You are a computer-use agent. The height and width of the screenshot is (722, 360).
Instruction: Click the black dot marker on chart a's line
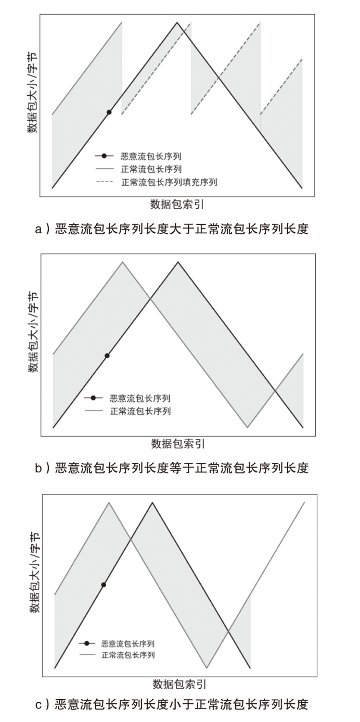click(x=109, y=112)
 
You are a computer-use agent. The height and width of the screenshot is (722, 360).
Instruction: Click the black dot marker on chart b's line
click(x=107, y=356)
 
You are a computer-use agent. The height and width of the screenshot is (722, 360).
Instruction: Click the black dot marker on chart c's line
click(x=104, y=585)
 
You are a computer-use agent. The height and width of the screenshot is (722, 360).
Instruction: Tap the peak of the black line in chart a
click(x=177, y=22)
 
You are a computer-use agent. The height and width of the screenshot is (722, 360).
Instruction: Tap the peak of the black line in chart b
click(x=178, y=262)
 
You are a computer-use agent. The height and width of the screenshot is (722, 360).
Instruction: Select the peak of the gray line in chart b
click(x=123, y=262)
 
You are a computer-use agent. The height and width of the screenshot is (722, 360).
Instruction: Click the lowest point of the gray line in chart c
click(x=207, y=667)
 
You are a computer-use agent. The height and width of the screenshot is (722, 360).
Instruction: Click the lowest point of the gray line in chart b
click(x=248, y=427)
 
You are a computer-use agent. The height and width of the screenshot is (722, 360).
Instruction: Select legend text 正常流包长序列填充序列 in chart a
click(x=169, y=182)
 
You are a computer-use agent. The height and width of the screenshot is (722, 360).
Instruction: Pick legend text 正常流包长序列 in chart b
click(x=140, y=411)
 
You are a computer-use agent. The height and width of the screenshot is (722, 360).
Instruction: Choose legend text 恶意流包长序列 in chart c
click(x=128, y=643)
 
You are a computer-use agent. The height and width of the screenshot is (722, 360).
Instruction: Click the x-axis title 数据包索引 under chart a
click(x=177, y=204)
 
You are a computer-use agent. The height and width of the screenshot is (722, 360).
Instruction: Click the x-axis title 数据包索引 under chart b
click(x=178, y=444)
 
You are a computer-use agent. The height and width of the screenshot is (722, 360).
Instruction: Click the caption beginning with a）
click(x=171, y=229)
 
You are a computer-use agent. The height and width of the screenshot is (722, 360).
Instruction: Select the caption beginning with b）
click(x=171, y=467)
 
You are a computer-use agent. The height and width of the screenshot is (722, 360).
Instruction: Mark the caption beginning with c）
click(x=171, y=704)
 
